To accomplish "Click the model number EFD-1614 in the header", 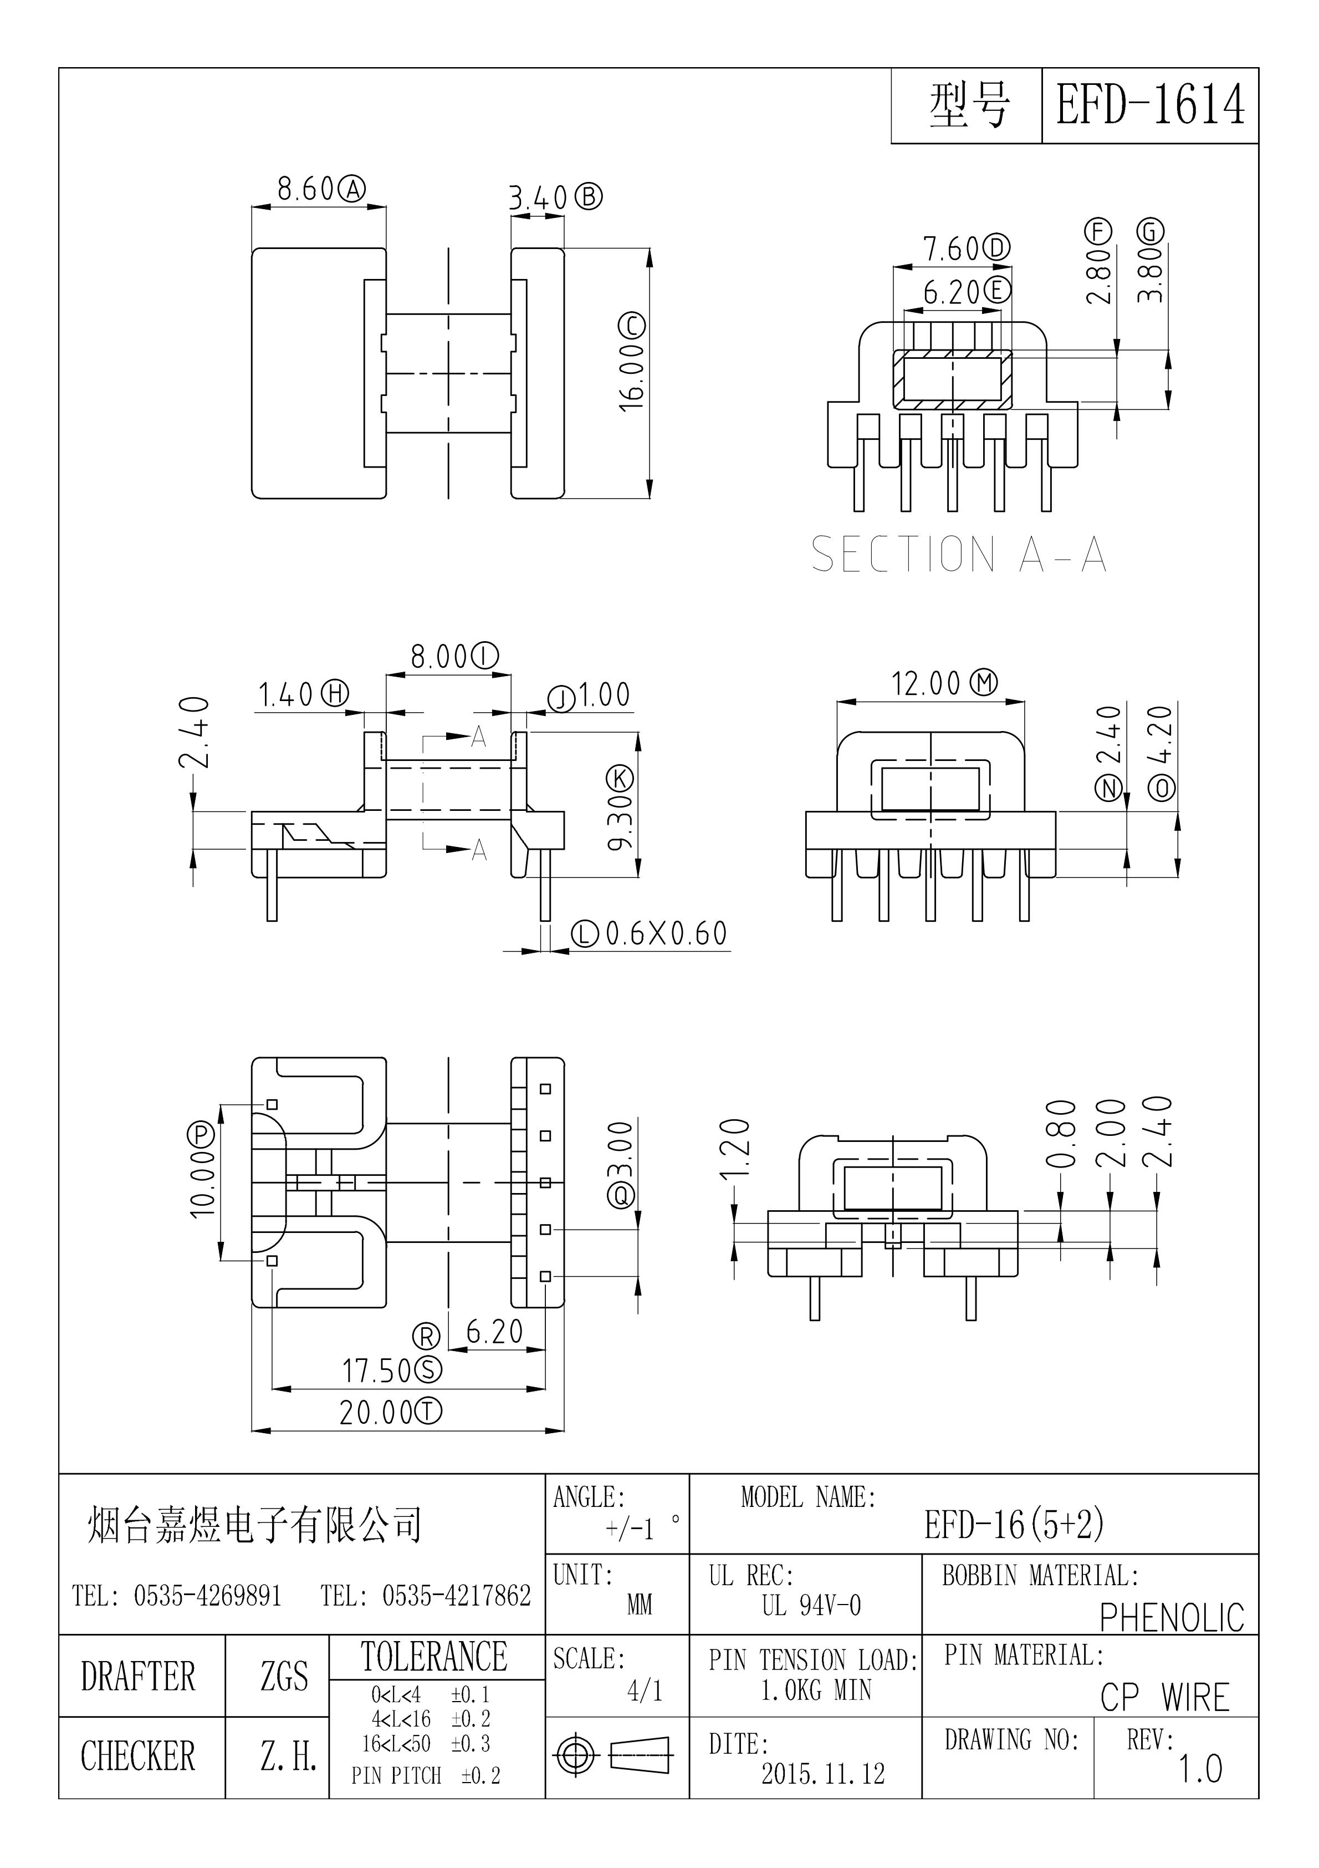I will pos(1150,106).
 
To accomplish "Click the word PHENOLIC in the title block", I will pos(1172,1618).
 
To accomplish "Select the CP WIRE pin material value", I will pos(1164,1698).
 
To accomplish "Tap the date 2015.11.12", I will pos(823,1774).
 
